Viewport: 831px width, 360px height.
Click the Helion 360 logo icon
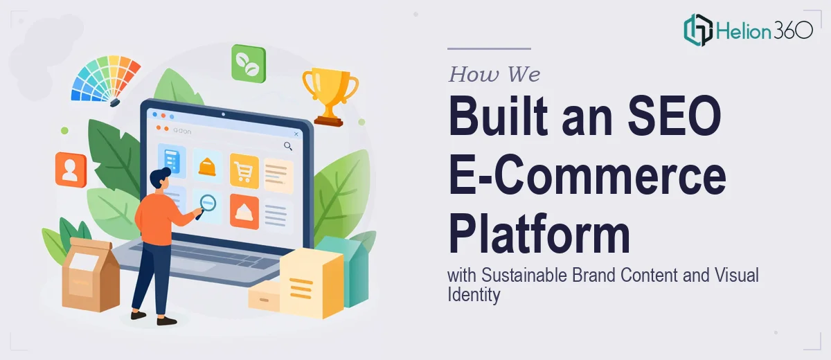point(698,30)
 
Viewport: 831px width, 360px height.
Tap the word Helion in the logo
point(744,30)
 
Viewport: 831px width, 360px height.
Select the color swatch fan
point(105,80)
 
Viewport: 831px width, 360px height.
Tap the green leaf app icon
point(249,64)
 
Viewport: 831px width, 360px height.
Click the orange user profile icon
point(71,170)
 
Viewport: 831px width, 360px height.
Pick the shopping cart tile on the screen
point(244,171)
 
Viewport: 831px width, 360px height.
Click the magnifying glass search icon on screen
point(288,147)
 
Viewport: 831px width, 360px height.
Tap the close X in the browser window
point(296,134)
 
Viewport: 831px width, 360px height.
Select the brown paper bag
point(90,273)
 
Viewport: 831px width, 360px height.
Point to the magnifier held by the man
point(206,206)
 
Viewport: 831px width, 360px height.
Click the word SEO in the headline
point(674,116)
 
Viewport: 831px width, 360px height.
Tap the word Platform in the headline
point(539,233)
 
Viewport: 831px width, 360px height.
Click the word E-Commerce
point(587,174)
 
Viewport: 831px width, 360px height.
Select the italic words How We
point(494,74)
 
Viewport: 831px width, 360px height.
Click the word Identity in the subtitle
point(474,295)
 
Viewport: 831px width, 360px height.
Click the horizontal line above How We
point(489,48)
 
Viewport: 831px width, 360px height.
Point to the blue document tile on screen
point(172,161)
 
